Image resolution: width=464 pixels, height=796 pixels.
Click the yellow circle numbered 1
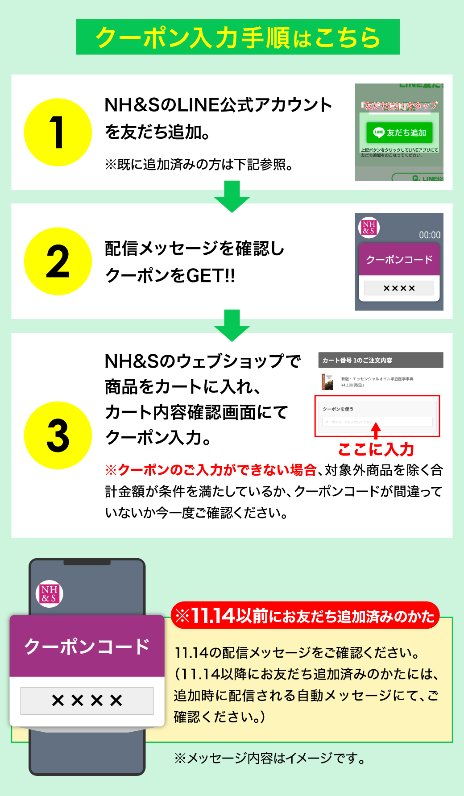pyautogui.click(x=58, y=133)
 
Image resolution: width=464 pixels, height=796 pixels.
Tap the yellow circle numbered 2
pyautogui.click(x=58, y=261)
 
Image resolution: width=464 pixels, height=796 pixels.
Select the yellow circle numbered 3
pyautogui.click(x=58, y=435)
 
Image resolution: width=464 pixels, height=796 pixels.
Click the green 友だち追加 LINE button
pyautogui.click(x=399, y=133)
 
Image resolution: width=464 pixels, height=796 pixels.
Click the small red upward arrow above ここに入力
pyautogui.click(x=376, y=431)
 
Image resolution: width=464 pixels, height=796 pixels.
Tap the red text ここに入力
pyautogui.click(x=376, y=449)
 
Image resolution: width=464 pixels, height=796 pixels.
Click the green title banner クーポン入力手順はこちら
pyautogui.click(x=238, y=37)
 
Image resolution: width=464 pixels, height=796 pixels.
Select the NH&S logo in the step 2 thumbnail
pyautogui.click(x=369, y=227)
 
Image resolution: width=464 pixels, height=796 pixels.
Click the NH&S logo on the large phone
pyautogui.click(x=49, y=594)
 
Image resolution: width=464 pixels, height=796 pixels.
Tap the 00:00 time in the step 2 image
pyautogui.click(x=429, y=235)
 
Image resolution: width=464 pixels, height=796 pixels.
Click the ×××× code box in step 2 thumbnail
pyautogui.click(x=399, y=288)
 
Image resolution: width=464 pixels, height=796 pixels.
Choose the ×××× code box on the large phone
pyautogui.click(x=87, y=701)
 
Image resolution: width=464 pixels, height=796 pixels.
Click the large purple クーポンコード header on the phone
pyautogui.click(x=87, y=646)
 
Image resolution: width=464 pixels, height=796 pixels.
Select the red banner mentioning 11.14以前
pyautogui.click(x=305, y=616)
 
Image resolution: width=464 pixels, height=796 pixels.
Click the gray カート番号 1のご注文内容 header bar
pyautogui.click(x=381, y=360)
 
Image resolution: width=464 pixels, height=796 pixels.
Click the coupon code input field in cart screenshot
pyautogui.click(x=377, y=422)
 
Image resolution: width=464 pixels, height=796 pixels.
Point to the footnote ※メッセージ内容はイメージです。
pyautogui.click(x=269, y=758)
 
